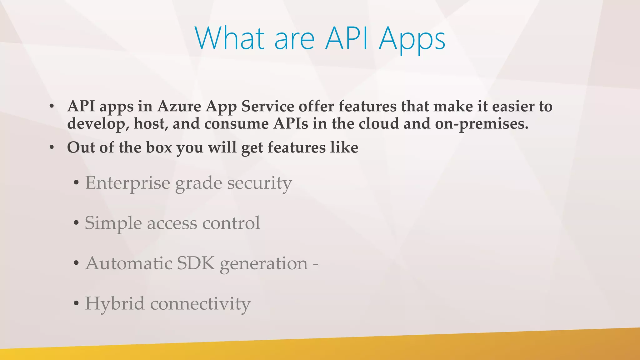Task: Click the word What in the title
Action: [x=230, y=38]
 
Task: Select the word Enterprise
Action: [x=127, y=183]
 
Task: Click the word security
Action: [x=259, y=183]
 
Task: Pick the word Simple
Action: [x=113, y=223]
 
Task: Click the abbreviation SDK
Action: [x=196, y=263]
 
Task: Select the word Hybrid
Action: [x=115, y=303]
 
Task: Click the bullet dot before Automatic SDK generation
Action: [x=76, y=263]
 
